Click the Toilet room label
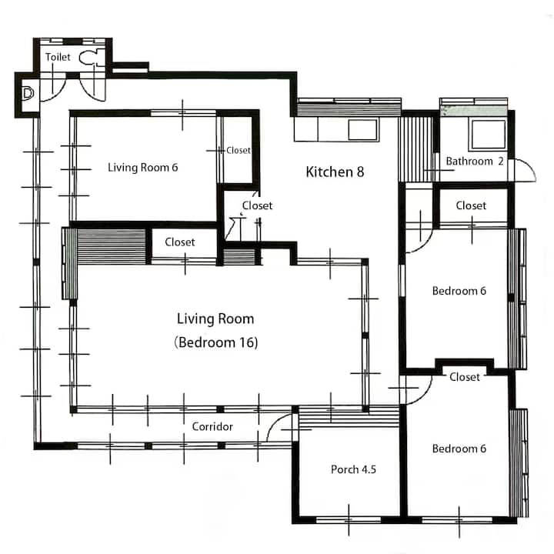pyautogui.click(x=58, y=57)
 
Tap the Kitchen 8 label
pyautogui.click(x=335, y=172)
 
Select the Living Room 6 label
pyautogui.click(x=143, y=167)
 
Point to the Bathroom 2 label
pyautogui.click(x=475, y=161)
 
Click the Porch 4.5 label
pyautogui.click(x=353, y=469)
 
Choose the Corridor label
pyautogui.click(x=212, y=426)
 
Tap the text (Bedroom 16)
pyautogui.click(x=216, y=342)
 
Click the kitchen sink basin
pyautogui.click(x=362, y=130)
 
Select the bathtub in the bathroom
pyautogui.click(x=489, y=134)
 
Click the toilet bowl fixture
pyautogui.click(x=88, y=58)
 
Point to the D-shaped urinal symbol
pyautogui.click(x=28, y=93)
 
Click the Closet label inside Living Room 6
pyautogui.click(x=239, y=151)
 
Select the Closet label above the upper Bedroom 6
pyautogui.click(x=471, y=205)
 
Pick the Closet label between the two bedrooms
pyautogui.click(x=465, y=377)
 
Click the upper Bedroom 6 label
pyautogui.click(x=459, y=291)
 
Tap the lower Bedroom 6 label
pyautogui.click(x=459, y=449)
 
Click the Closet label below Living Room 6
pyautogui.click(x=180, y=242)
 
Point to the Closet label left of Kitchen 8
pyautogui.click(x=257, y=205)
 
